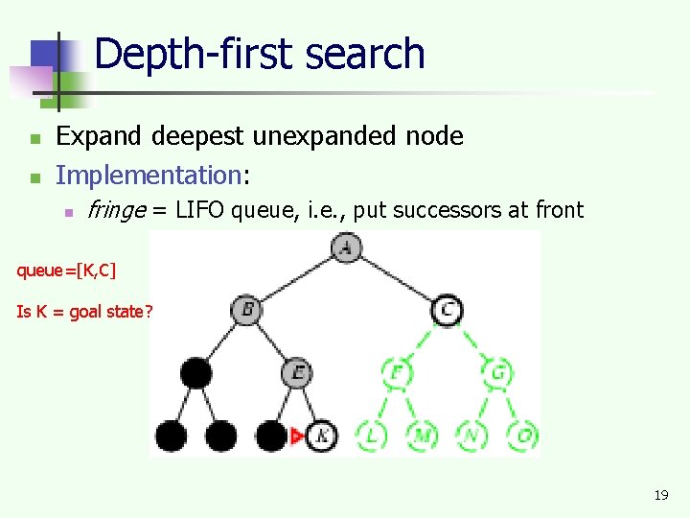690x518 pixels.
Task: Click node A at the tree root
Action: pos(345,247)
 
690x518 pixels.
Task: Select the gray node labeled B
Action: pos(246,310)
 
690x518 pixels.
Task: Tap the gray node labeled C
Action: pos(447,310)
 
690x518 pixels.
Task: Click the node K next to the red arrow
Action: pos(321,436)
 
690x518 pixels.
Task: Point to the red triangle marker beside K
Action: pos(297,436)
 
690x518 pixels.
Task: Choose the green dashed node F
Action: pos(396,372)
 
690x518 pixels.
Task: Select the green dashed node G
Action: pos(498,372)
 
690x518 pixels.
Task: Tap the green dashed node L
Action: pos(372,436)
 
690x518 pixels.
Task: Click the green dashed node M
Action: pos(422,436)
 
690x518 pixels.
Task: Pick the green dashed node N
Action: pos(471,436)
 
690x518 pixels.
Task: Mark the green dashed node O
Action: pos(522,436)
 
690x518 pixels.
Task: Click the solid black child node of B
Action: pos(195,372)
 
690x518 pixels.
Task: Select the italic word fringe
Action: pos(115,210)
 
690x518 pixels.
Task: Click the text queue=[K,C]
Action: pos(66,271)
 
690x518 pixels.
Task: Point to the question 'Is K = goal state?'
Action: pos(83,311)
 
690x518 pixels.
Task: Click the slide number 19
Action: pos(660,495)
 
